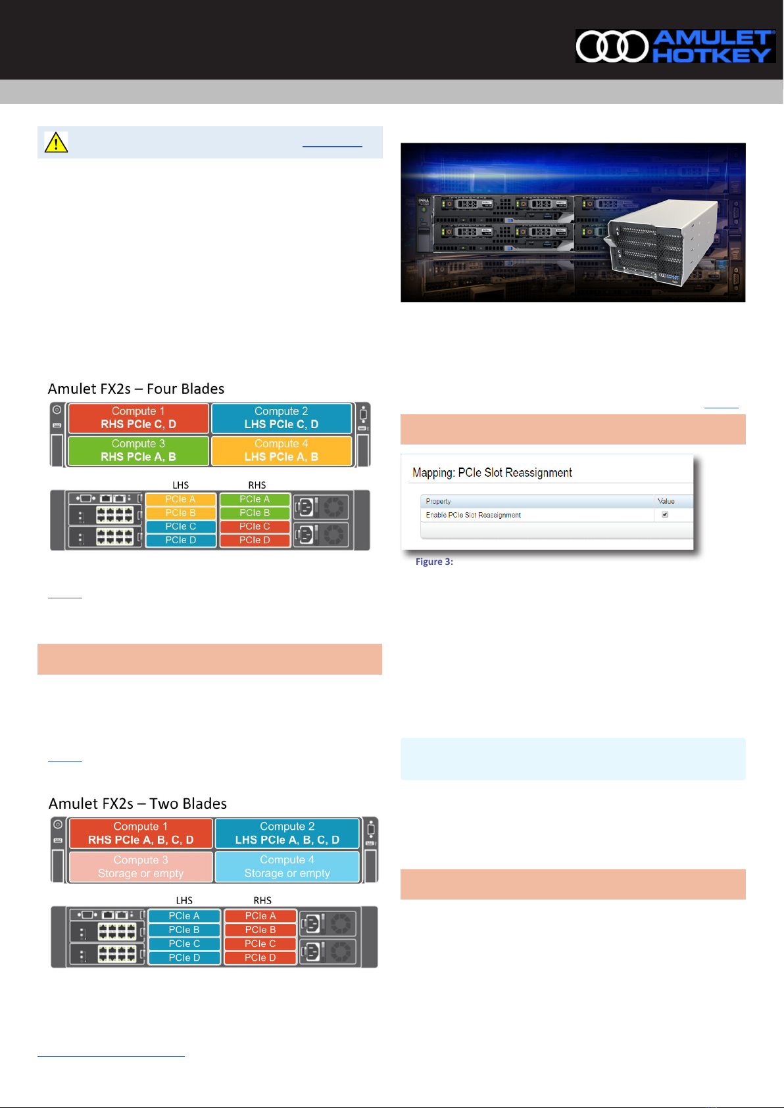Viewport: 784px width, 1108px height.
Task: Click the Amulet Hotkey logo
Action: coord(675,46)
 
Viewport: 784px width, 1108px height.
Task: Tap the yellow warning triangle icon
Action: coord(57,142)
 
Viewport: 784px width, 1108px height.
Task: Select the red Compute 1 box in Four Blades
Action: coord(138,418)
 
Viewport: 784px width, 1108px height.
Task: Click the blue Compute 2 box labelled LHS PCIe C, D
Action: coord(282,418)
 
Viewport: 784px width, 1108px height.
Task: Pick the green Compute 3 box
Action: coord(138,450)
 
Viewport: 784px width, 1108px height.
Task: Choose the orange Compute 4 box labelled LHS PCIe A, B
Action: coord(282,450)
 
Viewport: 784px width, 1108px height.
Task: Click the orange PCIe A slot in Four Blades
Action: coord(180,499)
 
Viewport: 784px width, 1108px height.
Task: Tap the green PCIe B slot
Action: coord(255,513)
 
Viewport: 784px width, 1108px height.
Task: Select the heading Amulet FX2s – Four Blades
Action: coord(136,389)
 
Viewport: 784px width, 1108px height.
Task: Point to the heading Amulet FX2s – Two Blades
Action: coord(137,804)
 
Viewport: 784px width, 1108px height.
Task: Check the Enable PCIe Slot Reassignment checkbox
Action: coord(665,515)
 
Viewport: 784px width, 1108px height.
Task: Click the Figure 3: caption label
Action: coord(434,562)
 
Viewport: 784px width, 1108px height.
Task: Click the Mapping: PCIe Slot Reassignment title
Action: coord(492,473)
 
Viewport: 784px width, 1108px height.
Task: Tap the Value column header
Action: coord(666,501)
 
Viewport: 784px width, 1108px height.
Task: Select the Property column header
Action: coord(438,501)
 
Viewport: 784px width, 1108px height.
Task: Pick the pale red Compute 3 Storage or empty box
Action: coord(141,867)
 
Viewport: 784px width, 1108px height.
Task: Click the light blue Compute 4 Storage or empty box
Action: coord(287,867)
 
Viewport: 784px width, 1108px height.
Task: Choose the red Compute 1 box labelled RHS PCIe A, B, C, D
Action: coord(141,833)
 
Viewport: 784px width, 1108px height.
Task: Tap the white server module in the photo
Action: coord(661,243)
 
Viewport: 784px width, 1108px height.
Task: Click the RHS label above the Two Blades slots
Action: coord(262,900)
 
